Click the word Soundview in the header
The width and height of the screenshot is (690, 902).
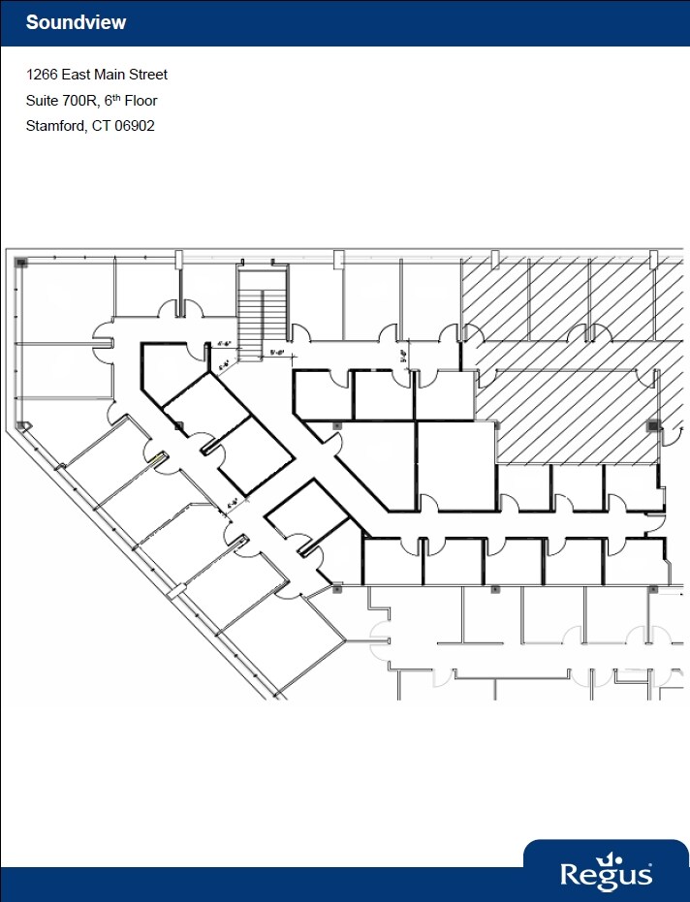pyautogui.click(x=76, y=22)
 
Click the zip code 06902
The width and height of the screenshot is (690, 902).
pyautogui.click(x=136, y=126)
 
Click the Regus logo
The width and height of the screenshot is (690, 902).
pyautogui.click(x=606, y=873)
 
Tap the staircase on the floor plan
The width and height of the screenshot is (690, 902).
pyautogui.click(x=263, y=315)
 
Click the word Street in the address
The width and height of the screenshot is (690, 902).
pyautogui.click(x=147, y=75)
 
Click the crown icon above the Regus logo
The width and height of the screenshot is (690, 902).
pyautogui.click(x=610, y=856)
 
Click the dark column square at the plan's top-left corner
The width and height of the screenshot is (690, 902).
pyautogui.click(x=20, y=262)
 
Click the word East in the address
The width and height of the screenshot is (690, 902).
pyautogui.click(x=79, y=75)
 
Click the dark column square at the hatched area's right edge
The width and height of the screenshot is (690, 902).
pyautogui.click(x=653, y=424)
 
